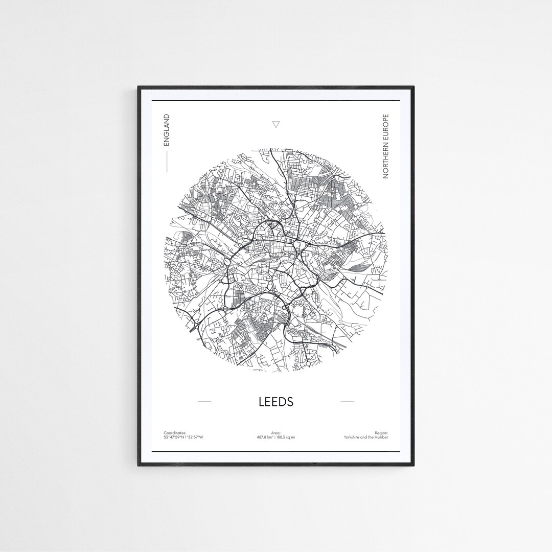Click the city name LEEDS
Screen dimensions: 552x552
click(276, 402)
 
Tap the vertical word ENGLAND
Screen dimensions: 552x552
click(166, 130)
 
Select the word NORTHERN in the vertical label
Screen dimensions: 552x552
click(386, 162)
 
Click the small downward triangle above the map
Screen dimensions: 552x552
click(276, 124)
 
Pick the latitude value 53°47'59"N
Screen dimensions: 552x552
click(173, 438)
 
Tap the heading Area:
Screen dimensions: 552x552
click(276, 433)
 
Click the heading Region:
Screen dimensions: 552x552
click(381, 433)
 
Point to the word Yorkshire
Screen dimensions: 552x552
click(355, 438)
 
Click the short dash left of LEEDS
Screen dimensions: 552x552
click(204, 402)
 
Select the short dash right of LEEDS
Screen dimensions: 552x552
click(347, 402)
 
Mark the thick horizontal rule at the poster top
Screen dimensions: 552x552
click(276, 101)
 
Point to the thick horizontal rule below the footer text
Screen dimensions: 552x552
click(276, 452)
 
